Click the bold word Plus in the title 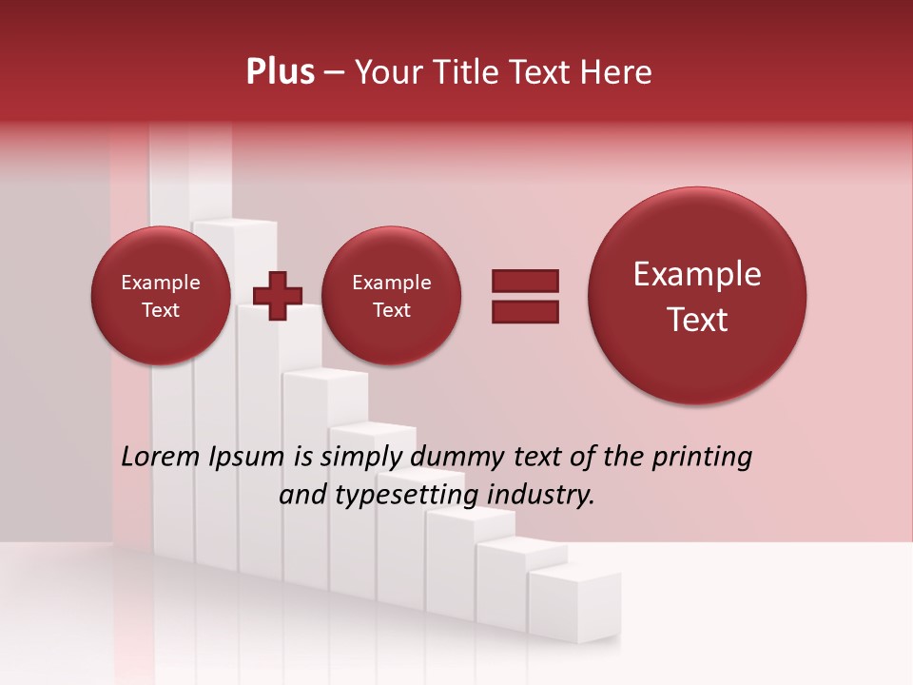pos(280,72)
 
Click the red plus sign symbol pos(278,296)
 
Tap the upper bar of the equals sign pos(525,281)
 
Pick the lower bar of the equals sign pos(525,311)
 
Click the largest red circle pos(697,295)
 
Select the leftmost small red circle pos(161,295)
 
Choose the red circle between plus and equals pos(392,295)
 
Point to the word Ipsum pos(246,457)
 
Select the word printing pos(701,457)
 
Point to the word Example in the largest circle pos(697,274)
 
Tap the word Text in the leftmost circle pos(161,310)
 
